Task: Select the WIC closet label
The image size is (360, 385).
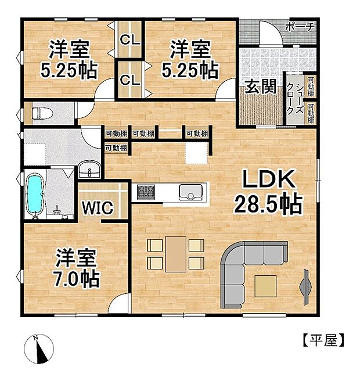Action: pyautogui.click(x=96, y=207)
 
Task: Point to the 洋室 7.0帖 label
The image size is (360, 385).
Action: pyautogui.click(x=76, y=268)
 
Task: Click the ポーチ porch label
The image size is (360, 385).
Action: pyautogui.click(x=301, y=27)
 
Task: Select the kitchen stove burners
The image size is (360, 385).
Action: pyautogui.click(x=146, y=190)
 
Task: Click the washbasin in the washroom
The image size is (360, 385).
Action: pyautogui.click(x=89, y=170)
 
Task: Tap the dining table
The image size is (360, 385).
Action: pyautogui.click(x=175, y=254)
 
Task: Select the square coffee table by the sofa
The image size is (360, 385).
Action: pyautogui.click(x=265, y=286)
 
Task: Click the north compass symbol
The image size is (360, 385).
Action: pyautogui.click(x=38, y=349)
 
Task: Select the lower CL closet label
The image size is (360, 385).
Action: pyautogui.click(x=128, y=79)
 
